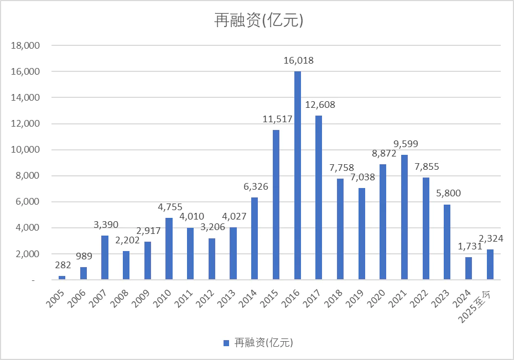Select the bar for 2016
point(297,176)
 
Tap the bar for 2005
point(62,278)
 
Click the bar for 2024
point(469,269)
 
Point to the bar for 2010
point(169,249)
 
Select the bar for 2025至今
point(490,265)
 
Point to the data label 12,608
point(319,105)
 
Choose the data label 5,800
point(447,194)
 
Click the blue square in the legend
point(226,343)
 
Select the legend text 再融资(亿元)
point(263,343)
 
